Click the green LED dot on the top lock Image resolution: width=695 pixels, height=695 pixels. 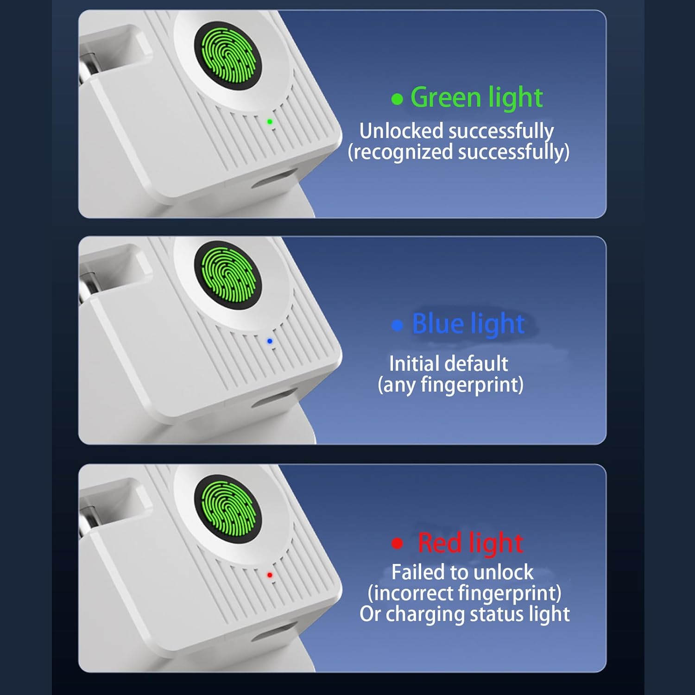[x=270, y=122]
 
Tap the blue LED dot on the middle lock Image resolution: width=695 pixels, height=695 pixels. [x=270, y=341]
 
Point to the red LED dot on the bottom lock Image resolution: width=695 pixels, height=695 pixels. [x=270, y=575]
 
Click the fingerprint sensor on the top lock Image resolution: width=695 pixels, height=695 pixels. [x=228, y=56]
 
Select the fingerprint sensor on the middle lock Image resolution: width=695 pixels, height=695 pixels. [x=228, y=275]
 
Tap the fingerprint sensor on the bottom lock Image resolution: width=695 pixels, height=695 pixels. [x=228, y=509]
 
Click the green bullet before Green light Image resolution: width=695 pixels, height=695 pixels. [x=397, y=99]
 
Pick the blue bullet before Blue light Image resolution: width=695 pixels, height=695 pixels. [x=397, y=325]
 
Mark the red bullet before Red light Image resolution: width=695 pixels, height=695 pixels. [x=397, y=543]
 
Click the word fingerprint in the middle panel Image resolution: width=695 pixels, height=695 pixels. [x=469, y=385]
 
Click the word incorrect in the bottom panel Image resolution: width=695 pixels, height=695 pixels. [x=413, y=593]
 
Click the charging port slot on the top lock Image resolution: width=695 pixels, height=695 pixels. [x=273, y=178]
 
